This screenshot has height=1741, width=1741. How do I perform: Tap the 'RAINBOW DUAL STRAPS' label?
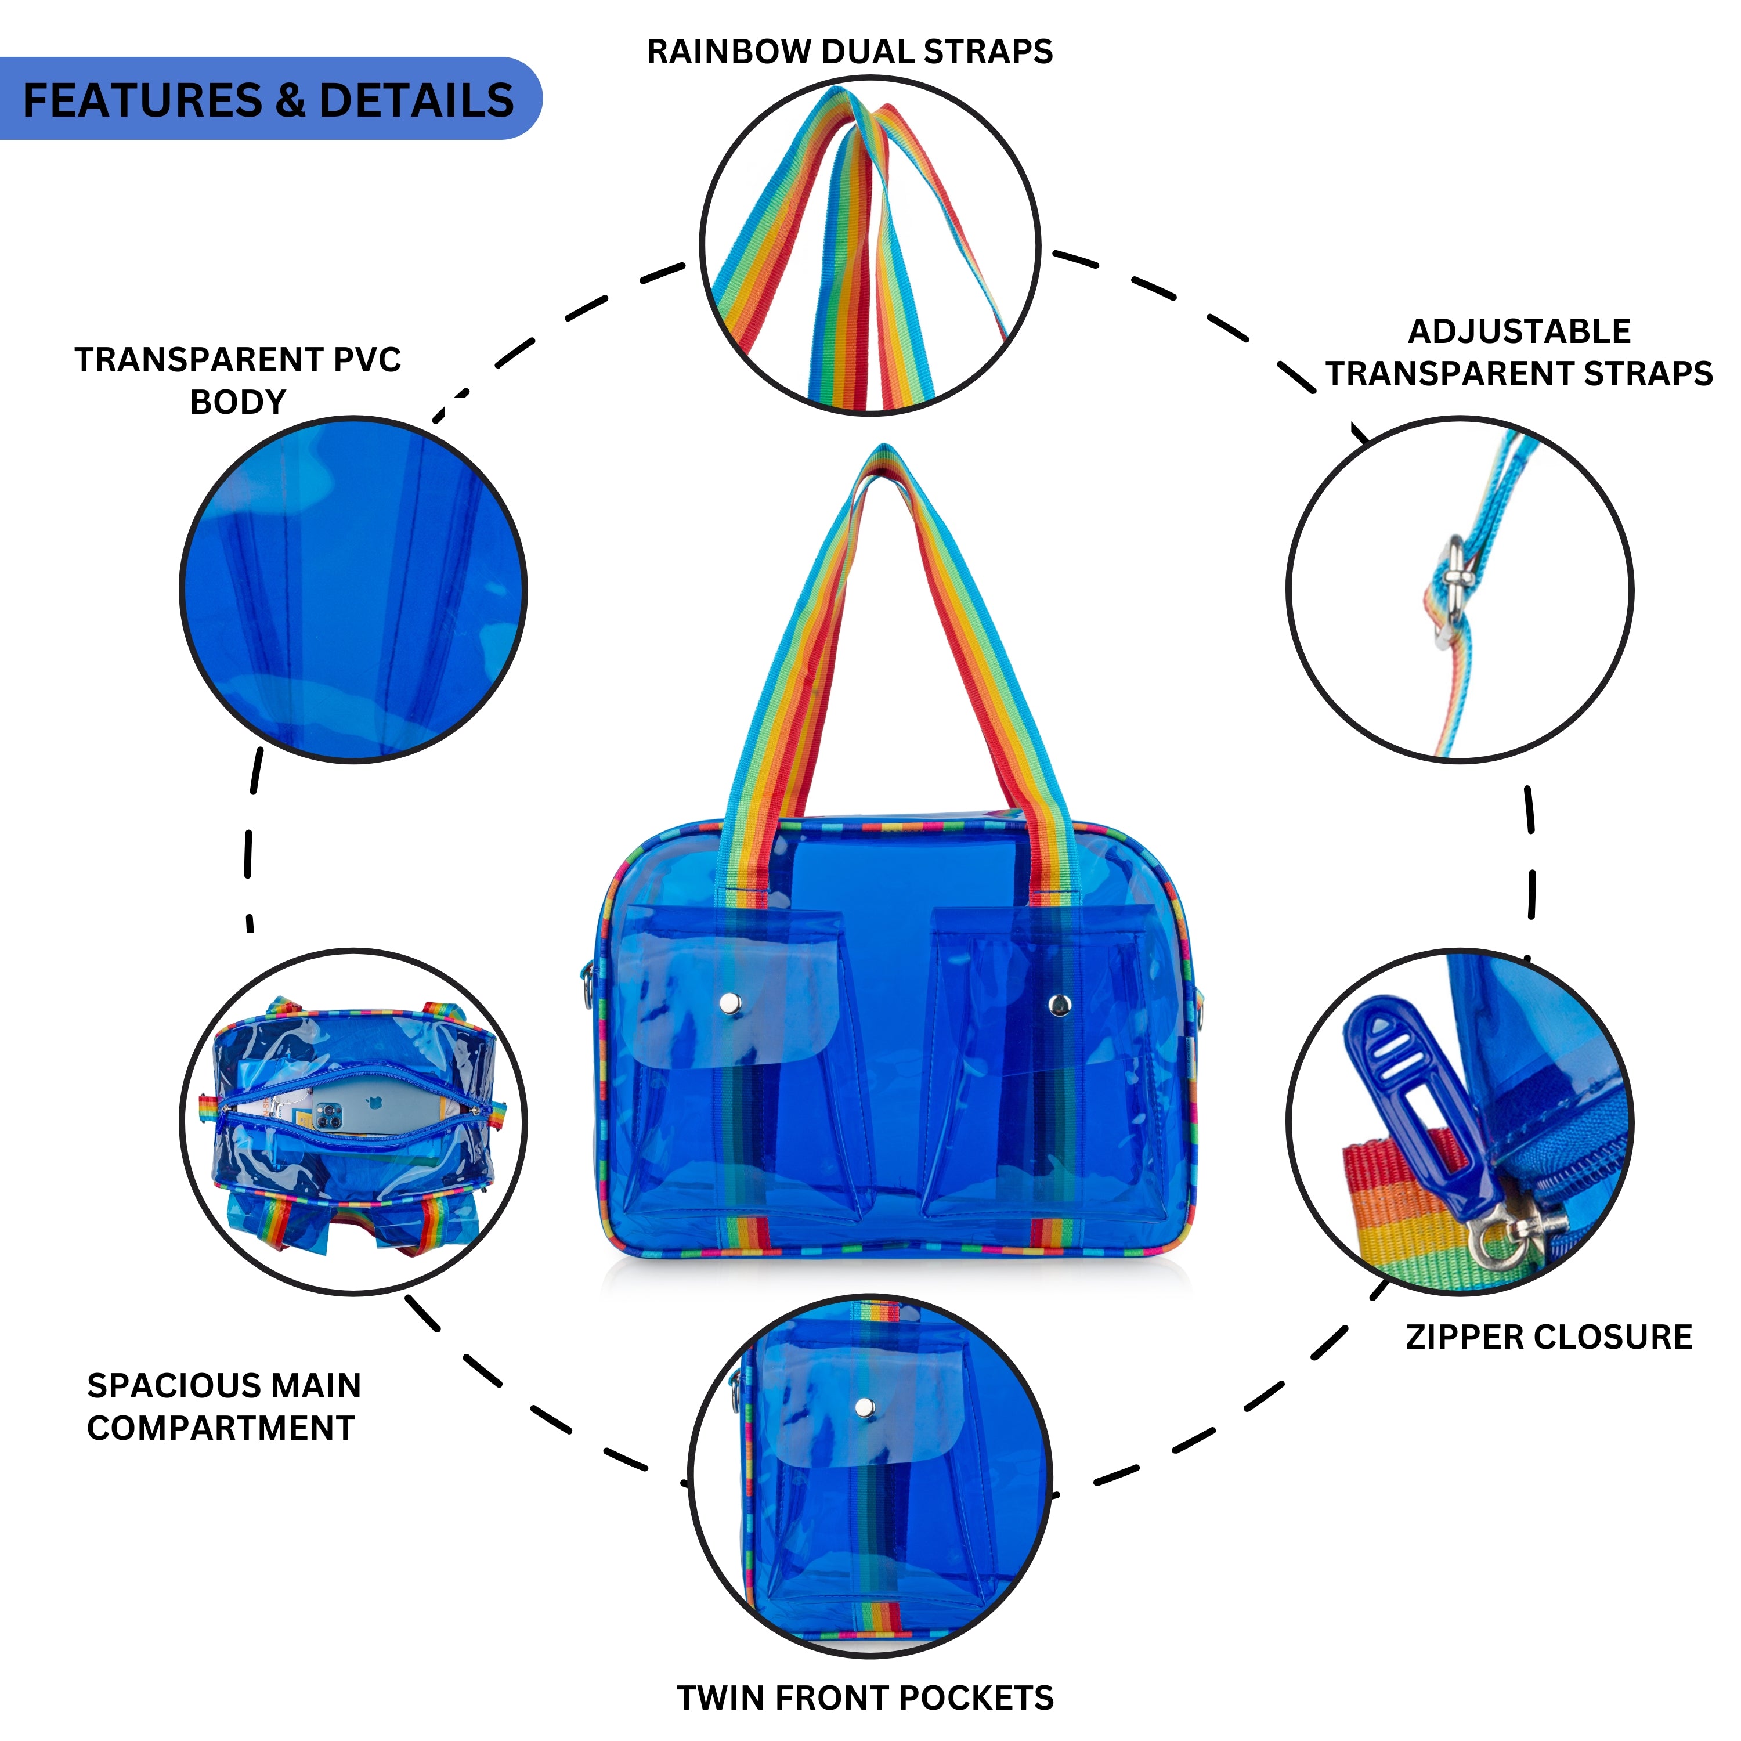[x=850, y=52]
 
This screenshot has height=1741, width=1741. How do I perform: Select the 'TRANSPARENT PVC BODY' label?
[x=238, y=380]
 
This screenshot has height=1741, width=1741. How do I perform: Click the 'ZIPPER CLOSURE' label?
[x=1548, y=1337]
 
